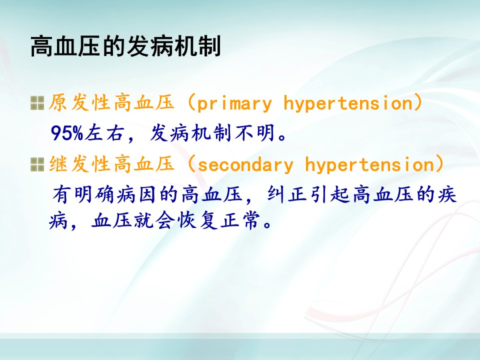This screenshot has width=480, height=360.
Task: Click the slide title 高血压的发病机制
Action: click(125, 46)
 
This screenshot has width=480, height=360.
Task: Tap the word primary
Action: click(234, 103)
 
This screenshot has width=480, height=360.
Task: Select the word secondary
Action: click(245, 164)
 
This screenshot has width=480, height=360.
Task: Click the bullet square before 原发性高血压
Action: click(37, 103)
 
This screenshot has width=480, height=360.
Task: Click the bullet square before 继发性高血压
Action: click(37, 164)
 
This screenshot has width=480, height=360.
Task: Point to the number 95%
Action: click(66, 133)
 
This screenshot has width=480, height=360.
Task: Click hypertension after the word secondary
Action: click(369, 164)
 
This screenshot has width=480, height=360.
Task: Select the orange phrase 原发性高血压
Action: click(111, 102)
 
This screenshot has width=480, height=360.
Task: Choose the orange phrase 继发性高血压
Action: click(111, 164)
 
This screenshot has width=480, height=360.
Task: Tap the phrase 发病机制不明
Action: click(212, 133)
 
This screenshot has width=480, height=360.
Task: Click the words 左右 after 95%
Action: click(104, 133)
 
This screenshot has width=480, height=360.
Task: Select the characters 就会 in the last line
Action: click(155, 220)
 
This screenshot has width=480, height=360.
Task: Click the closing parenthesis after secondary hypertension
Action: click(439, 164)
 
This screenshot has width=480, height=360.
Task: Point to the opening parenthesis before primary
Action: click(191, 102)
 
